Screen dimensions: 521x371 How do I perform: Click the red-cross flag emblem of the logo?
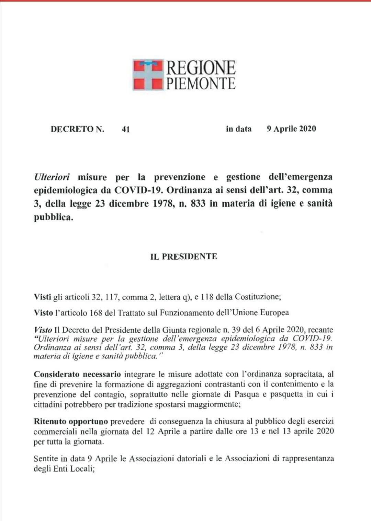(x=148, y=75)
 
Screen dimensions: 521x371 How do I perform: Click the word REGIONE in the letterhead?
(x=201, y=68)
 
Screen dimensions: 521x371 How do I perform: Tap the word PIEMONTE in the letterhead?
(x=201, y=83)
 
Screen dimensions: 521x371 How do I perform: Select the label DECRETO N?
(x=77, y=129)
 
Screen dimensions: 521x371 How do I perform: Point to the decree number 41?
(x=126, y=129)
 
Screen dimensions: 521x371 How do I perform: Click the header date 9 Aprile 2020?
(x=291, y=129)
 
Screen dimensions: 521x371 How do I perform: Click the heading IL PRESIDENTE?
(x=184, y=257)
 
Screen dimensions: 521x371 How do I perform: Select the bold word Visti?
(x=42, y=297)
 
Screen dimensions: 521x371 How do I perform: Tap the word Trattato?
(x=131, y=312)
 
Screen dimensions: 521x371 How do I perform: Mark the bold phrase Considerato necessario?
(x=77, y=374)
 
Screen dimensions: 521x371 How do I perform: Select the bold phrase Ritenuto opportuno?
(x=71, y=421)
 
